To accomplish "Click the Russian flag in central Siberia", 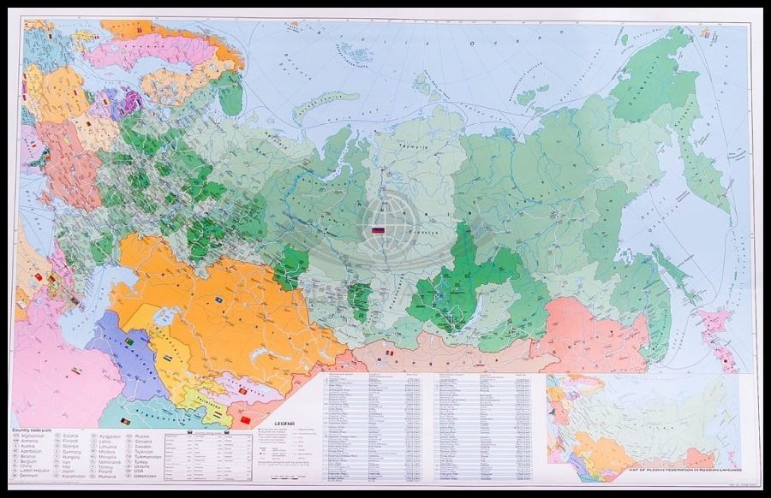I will (379, 230).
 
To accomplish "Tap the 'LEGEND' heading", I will (284, 424).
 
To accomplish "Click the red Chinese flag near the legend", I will (245, 420).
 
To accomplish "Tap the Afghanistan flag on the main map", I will (125, 423).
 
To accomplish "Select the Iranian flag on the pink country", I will (75, 371).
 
